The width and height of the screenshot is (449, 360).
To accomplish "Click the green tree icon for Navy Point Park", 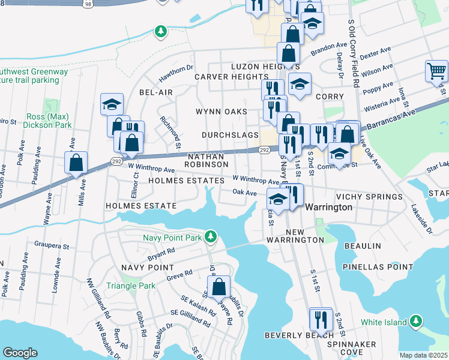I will (x=210, y=237).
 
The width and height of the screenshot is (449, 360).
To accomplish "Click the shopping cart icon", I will (x=436, y=71).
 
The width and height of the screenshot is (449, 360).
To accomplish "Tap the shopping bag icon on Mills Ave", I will (x=76, y=163).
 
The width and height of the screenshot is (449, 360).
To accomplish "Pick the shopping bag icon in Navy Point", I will (x=219, y=287).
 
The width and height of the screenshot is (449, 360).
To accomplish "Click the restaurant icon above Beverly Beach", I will (x=320, y=319).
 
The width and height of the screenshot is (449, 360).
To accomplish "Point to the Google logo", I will (x=20, y=352).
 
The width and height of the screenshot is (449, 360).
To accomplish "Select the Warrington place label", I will (x=329, y=207).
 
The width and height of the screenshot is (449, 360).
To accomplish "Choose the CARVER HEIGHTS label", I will (x=231, y=77).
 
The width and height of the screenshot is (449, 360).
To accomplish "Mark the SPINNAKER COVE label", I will (x=352, y=348).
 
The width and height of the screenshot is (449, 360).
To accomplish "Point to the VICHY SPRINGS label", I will (x=369, y=197).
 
